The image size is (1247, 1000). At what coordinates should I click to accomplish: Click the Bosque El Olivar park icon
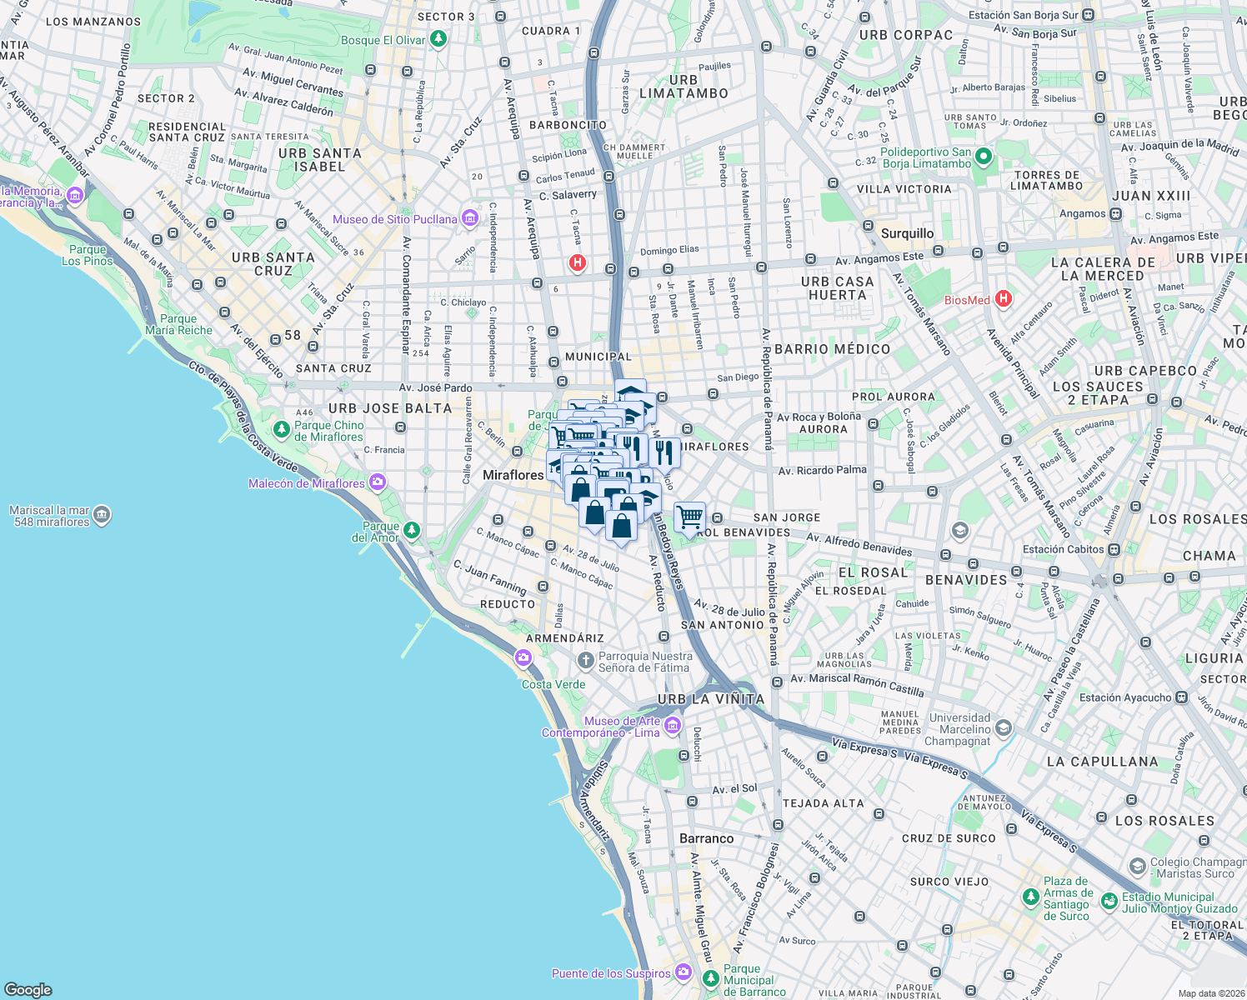pyautogui.click(x=438, y=39)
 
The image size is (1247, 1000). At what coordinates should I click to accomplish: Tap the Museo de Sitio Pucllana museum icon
pyautogui.click(x=469, y=218)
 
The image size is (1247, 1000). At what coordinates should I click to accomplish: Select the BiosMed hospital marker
pyautogui.click(x=1004, y=299)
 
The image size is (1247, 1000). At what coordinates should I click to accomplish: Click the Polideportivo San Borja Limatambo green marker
pyautogui.click(x=984, y=157)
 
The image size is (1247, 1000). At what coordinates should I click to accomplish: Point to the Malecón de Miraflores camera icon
pyautogui.click(x=378, y=482)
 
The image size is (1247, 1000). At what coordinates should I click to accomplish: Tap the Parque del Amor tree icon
pyautogui.click(x=411, y=531)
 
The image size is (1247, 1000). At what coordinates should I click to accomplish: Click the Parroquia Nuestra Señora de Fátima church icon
pyautogui.click(x=586, y=662)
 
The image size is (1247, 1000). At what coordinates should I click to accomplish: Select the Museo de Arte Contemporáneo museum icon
pyautogui.click(x=673, y=726)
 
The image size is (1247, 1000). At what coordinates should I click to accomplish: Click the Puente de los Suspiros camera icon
pyautogui.click(x=684, y=972)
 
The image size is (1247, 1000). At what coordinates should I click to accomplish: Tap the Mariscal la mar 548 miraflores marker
pyautogui.click(x=102, y=515)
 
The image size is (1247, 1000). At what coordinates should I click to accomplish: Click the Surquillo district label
pyautogui.click(x=907, y=233)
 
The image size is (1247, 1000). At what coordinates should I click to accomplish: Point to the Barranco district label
pyautogui.click(x=706, y=838)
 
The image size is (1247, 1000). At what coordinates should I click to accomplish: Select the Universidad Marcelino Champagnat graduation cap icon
pyautogui.click(x=1003, y=728)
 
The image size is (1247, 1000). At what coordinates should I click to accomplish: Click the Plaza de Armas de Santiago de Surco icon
pyautogui.click(x=1030, y=898)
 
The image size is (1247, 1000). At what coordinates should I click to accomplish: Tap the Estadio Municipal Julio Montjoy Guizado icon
pyautogui.click(x=1109, y=902)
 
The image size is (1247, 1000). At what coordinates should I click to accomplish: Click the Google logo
pyautogui.click(x=28, y=989)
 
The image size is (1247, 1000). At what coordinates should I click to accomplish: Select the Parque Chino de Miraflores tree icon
pyautogui.click(x=282, y=430)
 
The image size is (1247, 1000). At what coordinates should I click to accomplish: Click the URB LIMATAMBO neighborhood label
pyautogui.click(x=684, y=87)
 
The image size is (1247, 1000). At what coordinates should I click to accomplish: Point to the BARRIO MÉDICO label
pyautogui.click(x=832, y=349)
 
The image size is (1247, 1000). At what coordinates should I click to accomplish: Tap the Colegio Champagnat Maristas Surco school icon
pyautogui.click(x=1137, y=867)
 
